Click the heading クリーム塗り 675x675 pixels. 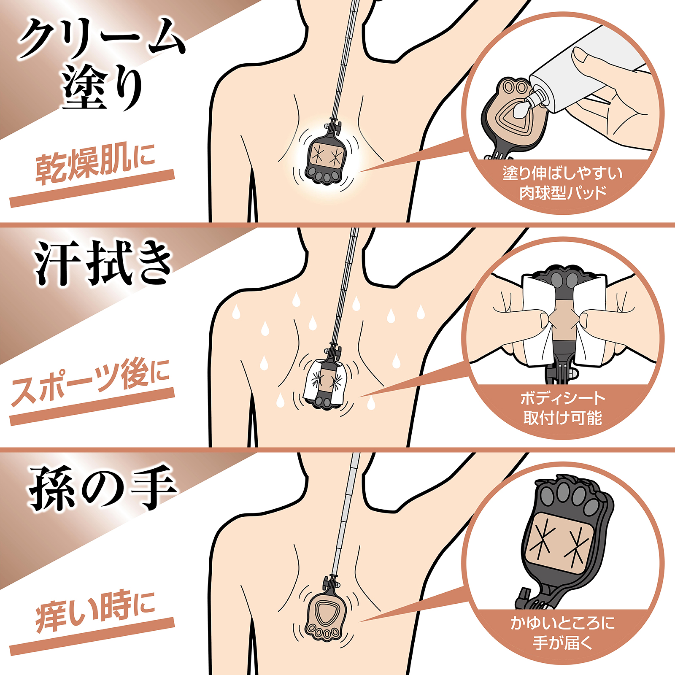pyautogui.click(x=102, y=63)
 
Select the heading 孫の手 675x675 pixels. pyautogui.click(x=102, y=488)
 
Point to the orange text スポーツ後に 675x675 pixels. pyautogui.click(x=90, y=382)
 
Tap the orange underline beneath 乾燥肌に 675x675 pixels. pyautogui.click(x=92, y=189)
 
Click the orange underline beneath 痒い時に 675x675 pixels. pyautogui.click(x=92, y=637)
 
